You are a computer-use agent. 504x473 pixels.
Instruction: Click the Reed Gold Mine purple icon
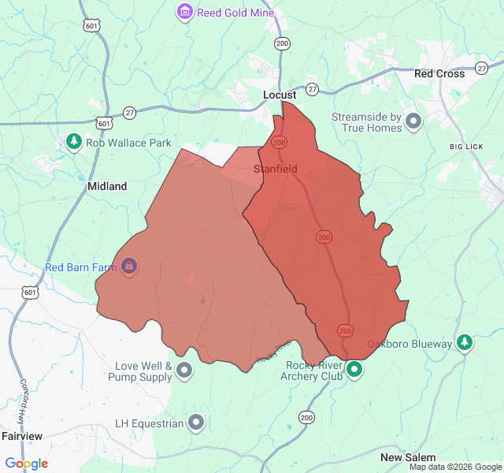click(x=185, y=12)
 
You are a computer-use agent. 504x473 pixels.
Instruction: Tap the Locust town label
click(x=279, y=95)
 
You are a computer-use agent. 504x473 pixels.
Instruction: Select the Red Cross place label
click(x=439, y=73)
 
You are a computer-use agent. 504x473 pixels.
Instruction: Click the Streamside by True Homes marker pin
click(x=413, y=121)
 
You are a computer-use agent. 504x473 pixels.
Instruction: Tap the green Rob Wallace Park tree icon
click(x=74, y=142)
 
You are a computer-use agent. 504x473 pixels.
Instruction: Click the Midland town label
click(x=106, y=187)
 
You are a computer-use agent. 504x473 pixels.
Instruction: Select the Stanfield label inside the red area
click(x=275, y=169)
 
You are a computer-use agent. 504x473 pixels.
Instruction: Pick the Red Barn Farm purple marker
click(x=128, y=267)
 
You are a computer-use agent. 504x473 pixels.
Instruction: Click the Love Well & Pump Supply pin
click(x=184, y=370)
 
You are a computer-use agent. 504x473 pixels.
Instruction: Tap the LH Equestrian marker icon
click(x=196, y=423)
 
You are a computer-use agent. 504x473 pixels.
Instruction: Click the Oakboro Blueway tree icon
click(x=465, y=343)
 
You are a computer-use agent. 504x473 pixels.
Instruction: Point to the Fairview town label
click(x=22, y=436)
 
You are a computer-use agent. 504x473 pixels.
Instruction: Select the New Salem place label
click(x=408, y=458)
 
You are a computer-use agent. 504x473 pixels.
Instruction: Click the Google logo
click(x=26, y=464)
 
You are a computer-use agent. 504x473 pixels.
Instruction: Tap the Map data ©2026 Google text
click(x=455, y=467)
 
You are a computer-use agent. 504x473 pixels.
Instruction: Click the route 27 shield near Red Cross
click(x=481, y=69)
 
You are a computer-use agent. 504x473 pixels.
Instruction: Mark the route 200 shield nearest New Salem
click(x=306, y=417)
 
